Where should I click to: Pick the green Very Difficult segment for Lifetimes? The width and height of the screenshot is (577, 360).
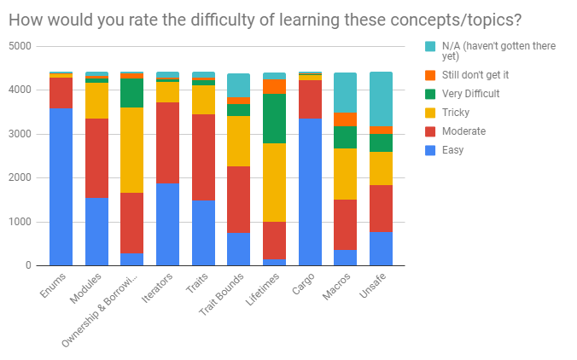tap(274, 119)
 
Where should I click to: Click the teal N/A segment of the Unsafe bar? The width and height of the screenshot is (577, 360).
tap(381, 99)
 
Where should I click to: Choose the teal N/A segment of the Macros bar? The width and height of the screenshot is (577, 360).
tap(345, 92)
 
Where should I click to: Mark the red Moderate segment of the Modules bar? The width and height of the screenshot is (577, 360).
tap(96, 159)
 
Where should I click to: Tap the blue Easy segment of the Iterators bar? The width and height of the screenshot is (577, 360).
tap(167, 224)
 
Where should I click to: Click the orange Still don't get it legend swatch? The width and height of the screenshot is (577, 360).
tap(429, 75)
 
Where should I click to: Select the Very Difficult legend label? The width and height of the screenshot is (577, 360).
tap(469, 94)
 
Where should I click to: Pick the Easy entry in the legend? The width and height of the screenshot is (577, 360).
tap(453, 151)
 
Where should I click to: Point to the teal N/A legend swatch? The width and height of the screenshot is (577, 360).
tap(429, 46)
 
